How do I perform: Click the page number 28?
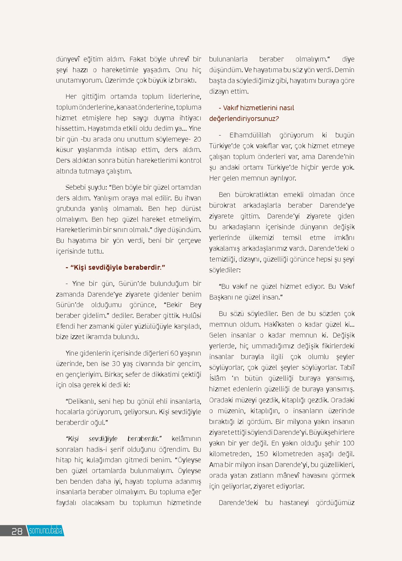(17, 531)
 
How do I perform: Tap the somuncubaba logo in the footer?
(46, 531)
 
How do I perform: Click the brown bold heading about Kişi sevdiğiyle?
(115, 268)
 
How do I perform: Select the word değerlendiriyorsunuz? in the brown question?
(244, 119)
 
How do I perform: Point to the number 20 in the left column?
(197, 139)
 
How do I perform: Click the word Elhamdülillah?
(250, 135)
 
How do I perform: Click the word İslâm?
(217, 378)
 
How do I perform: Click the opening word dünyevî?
(67, 59)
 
